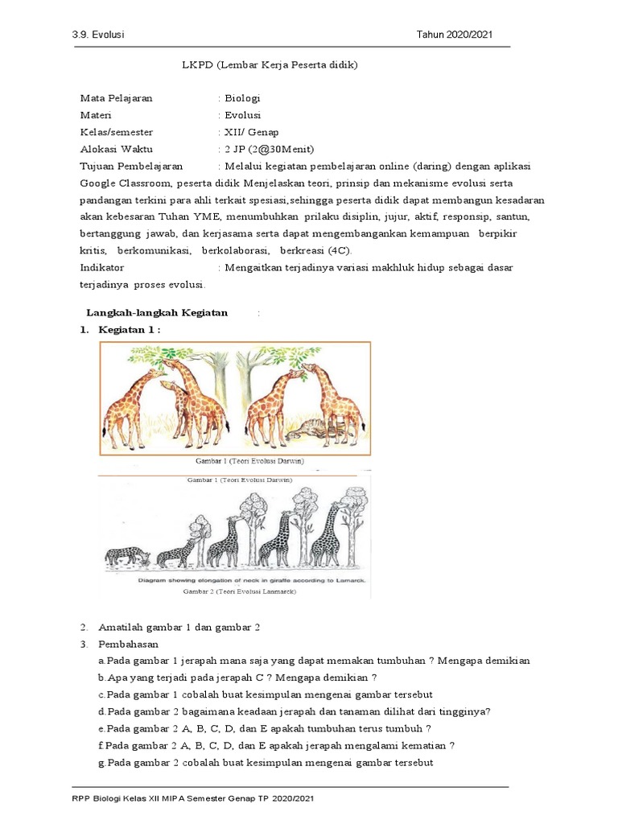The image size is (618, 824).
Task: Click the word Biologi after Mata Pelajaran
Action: coord(242,98)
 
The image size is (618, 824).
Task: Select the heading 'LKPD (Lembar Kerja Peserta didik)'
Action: coord(270,65)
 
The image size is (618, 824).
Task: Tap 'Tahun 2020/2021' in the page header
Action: coord(454,35)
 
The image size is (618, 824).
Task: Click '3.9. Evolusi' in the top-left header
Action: coord(101,35)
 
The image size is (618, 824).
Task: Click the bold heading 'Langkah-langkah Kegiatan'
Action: coord(157,312)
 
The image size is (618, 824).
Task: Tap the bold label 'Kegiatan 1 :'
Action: coord(130,330)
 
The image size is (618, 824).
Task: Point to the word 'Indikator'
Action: coord(102,267)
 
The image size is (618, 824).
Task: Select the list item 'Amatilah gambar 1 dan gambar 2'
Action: coord(179,627)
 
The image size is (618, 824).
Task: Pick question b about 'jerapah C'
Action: coord(237,678)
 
